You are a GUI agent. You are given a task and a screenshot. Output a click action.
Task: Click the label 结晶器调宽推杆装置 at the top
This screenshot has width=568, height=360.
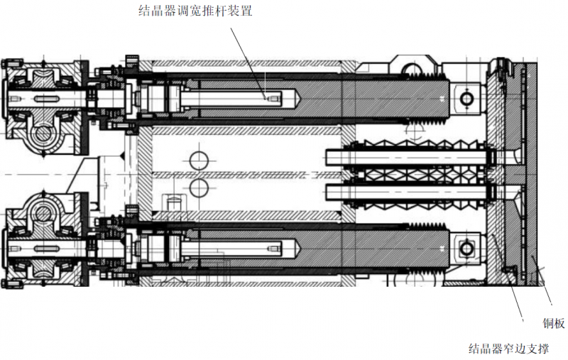click(195, 11)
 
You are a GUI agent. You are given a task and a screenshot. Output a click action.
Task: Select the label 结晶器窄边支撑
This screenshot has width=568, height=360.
click(508, 349)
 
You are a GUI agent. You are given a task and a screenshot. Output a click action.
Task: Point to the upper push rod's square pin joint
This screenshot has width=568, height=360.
click(466, 97)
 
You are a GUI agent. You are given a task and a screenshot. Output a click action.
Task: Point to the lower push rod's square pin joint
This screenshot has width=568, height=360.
click(466, 248)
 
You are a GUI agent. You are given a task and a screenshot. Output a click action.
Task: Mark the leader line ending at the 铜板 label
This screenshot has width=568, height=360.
click(543, 291)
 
